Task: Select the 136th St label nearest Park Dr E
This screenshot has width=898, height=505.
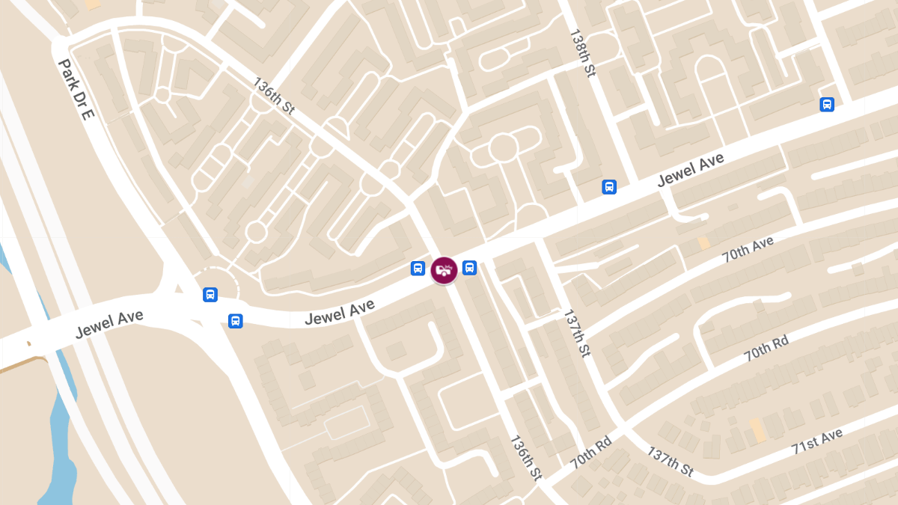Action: (x=274, y=95)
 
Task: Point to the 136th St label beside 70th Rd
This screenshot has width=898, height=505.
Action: (x=526, y=457)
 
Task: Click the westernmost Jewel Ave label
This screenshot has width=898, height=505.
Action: (x=109, y=325)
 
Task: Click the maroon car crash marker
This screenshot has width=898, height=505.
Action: (x=445, y=269)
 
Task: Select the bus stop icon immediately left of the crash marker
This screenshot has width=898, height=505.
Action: (x=418, y=269)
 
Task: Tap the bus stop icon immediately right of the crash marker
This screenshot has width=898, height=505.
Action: (x=469, y=267)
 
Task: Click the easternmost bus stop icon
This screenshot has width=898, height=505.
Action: (x=827, y=105)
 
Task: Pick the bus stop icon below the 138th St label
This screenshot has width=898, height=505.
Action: (x=609, y=187)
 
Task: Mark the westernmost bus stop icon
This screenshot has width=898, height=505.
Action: (x=210, y=295)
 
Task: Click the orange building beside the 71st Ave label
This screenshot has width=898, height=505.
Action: (x=757, y=429)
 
